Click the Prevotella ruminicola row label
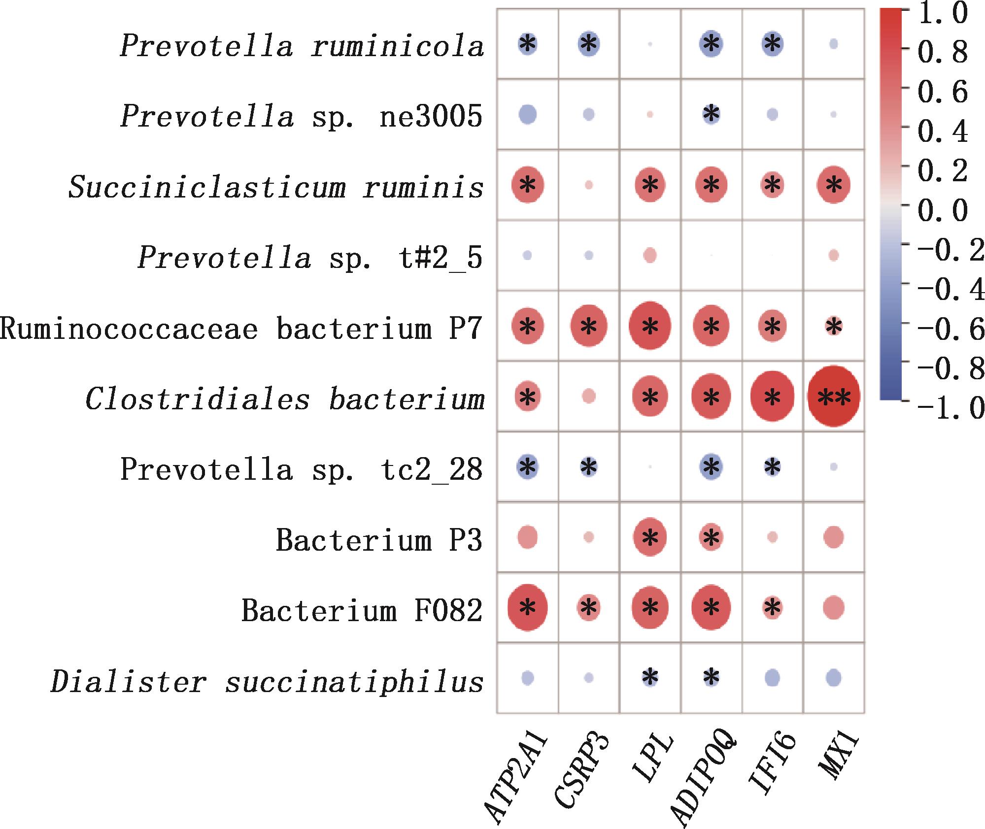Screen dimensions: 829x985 [302, 47]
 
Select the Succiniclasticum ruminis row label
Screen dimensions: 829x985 [276, 188]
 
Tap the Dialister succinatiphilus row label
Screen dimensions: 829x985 [267, 682]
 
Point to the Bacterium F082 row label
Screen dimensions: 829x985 [362, 611]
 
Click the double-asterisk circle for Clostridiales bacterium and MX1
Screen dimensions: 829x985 [834, 397]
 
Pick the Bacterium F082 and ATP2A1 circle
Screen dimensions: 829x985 [527, 608]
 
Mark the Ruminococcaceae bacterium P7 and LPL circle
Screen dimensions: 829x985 [650, 326]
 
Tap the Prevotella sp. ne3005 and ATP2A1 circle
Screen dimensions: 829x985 [527, 115]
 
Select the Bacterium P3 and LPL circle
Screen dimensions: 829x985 [650, 537]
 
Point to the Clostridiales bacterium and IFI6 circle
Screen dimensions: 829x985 [772, 397]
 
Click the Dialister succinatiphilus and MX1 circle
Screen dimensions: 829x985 [834, 678]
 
